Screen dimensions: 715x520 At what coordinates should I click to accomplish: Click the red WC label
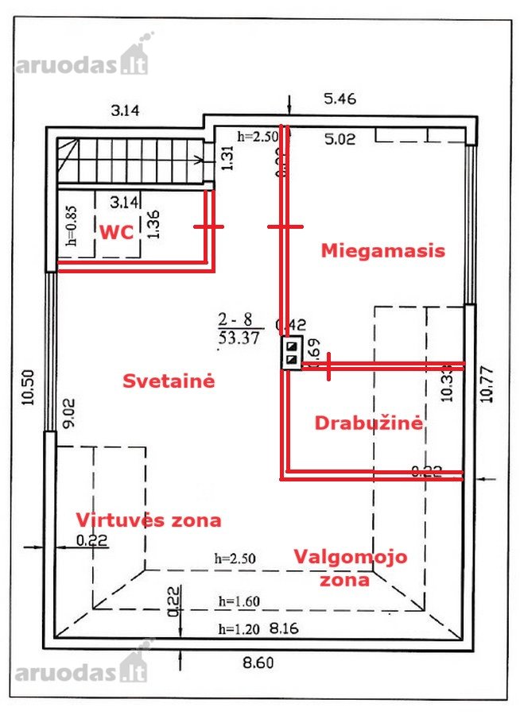pyautogui.click(x=116, y=230)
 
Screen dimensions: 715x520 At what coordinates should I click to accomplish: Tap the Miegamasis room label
pyautogui.click(x=382, y=250)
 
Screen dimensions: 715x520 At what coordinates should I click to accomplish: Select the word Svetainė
pyautogui.click(x=169, y=381)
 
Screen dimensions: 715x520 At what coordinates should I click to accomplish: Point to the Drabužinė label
pyautogui.click(x=368, y=423)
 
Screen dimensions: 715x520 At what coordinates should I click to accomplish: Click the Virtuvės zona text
pyautogui.click(x=149, y=520)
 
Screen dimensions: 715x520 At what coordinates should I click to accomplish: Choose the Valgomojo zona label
pyautogui.click(x=350, y=567)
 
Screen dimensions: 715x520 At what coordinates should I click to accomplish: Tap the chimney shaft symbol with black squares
pyautogui.click(x=292, y=354)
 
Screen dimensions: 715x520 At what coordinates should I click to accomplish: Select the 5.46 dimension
pyautogui.click(x=340, y=99)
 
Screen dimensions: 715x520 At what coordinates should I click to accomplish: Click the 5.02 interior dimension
pyautogui.click(x=340, y=141)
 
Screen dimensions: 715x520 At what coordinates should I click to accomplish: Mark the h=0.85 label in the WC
pyautogui.click(x=70, y=229)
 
